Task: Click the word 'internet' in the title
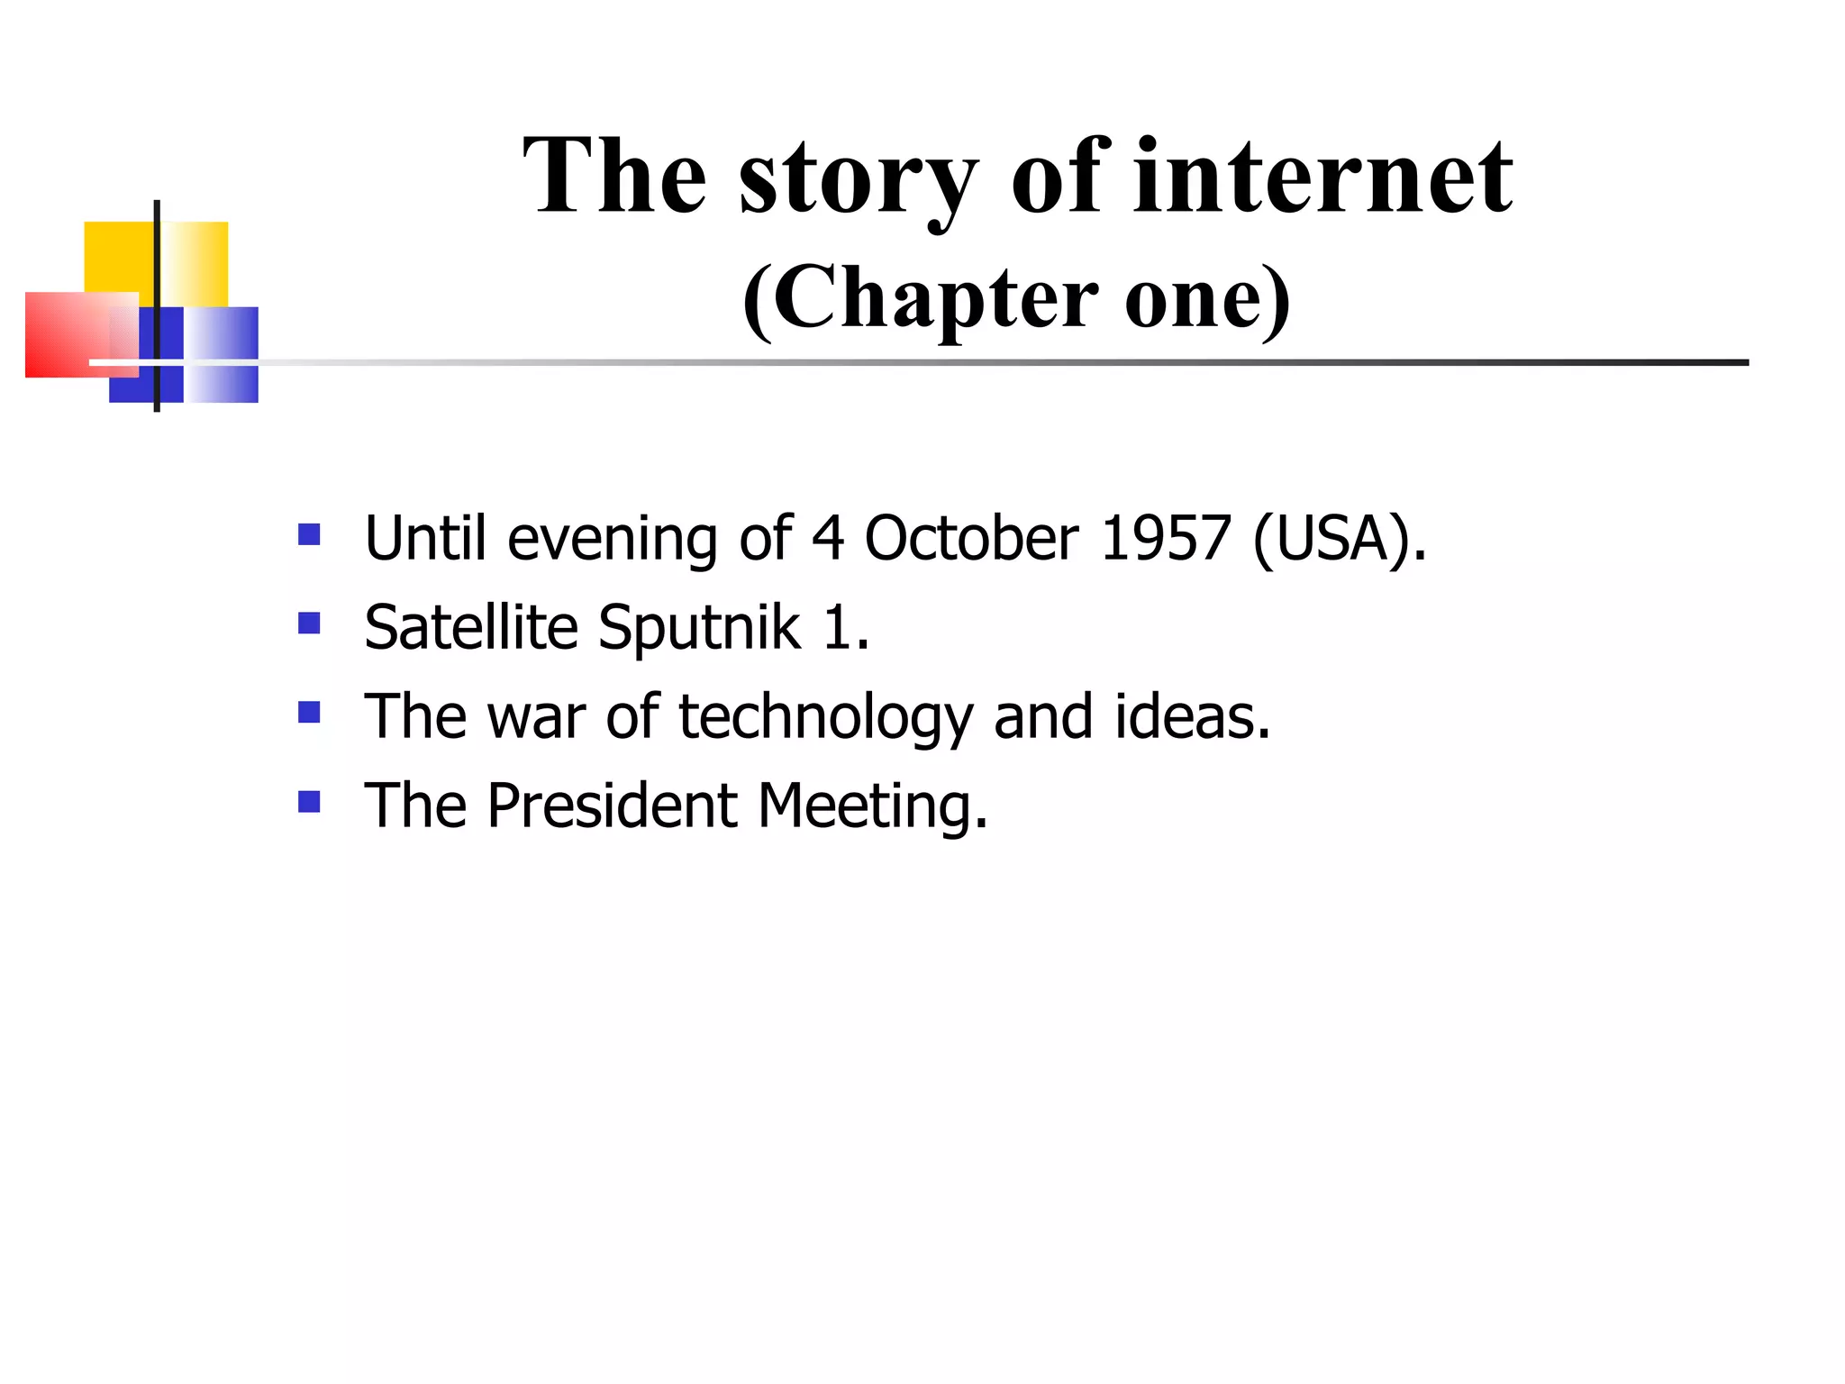click(x=1322, y=177)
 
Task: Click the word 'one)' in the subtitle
click(x=1208, y=299)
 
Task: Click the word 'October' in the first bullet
click(x=971, y=539)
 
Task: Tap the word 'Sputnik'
click(x=699, y=628)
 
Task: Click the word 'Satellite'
click(x=470, y=628)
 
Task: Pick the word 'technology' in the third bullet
click(x=826, y=718)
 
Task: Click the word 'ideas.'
click(x=1193, y=717)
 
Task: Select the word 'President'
click(x=613, y=806)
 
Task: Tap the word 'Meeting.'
click(x=872, y=807)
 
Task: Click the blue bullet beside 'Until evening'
click(x=309, y=535)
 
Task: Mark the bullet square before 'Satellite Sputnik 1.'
click(x=309, y=624)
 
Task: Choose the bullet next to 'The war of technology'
click(x=309, y=713)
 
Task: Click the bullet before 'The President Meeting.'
click(x=309, y=802)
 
